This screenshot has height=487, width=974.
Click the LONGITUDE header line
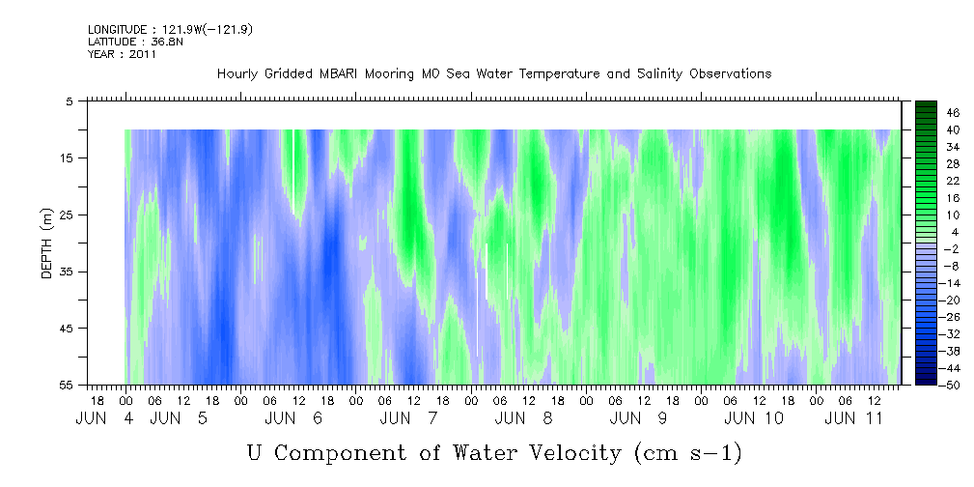(170, 30)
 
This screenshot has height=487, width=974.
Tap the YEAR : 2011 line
(122, 54)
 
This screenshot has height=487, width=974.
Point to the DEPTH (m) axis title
(47, 243)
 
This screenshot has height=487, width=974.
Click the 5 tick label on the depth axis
(69, 101)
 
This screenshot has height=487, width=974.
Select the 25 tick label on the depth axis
(66, 215)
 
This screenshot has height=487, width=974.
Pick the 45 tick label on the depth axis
(66, 329)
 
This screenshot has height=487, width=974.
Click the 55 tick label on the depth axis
(66, 385)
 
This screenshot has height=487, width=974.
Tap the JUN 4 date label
(104, 418)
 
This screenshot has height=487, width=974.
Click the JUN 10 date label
(754, 418)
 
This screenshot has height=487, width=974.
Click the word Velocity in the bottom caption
(568, 453)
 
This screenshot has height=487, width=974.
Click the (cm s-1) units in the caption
(688, 454)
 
